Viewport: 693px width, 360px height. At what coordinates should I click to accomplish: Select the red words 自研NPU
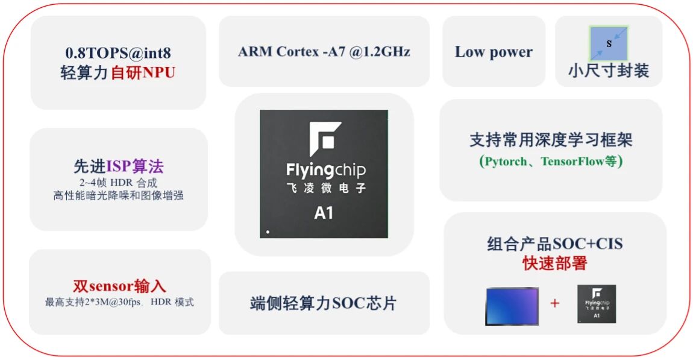[143, 73]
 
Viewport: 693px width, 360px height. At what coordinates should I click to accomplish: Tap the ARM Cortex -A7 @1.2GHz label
[324, 51]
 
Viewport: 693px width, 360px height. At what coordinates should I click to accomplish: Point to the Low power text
[494, 52]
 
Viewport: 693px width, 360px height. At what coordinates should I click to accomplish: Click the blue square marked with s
[609, 43]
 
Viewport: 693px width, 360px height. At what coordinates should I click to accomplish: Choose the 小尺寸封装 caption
[608, 71]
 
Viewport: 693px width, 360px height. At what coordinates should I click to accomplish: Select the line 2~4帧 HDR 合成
[118, 182]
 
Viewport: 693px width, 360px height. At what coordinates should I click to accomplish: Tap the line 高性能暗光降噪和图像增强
[118, 195]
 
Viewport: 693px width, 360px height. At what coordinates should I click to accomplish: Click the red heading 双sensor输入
[119, 286]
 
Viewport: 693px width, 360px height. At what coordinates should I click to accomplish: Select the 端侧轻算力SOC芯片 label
[324, 303]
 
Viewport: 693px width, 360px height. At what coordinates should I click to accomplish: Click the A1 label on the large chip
[324, 213]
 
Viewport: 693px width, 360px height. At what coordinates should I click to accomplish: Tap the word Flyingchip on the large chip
[325, 170]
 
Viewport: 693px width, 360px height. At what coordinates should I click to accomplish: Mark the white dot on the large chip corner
[268, 232]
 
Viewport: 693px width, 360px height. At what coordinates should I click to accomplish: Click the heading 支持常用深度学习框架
[551, 141]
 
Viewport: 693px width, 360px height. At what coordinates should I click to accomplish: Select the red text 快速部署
[554, 263]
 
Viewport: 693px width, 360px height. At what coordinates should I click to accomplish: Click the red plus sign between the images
[554, 303]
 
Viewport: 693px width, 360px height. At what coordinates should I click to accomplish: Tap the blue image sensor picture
[512, 306]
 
